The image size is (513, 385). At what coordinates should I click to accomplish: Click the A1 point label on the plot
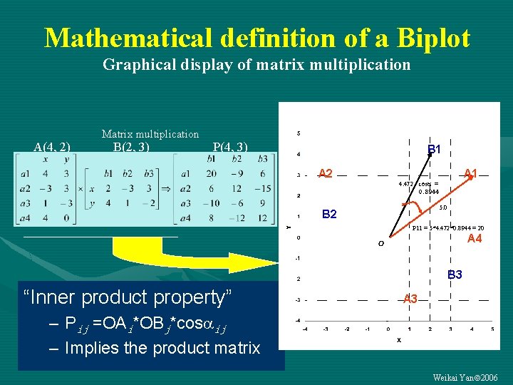(470, 173)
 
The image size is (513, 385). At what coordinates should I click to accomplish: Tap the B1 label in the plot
(434, 150)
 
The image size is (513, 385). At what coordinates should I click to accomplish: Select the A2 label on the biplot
(326, 173)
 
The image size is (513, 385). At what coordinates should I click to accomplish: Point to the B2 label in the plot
(330, 214)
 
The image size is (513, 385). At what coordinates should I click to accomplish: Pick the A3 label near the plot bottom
(410, 299)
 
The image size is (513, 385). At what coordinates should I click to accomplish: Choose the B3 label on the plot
(455, 274)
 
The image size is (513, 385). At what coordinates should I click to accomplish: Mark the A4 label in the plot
(474, 239)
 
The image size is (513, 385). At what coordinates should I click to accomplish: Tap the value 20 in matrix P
(212, 173)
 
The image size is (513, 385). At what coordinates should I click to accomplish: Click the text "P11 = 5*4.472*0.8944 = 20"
(448, 228)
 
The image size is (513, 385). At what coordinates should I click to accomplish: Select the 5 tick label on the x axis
(492, 329)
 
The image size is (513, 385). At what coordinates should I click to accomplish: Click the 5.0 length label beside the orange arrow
(442, 207)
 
